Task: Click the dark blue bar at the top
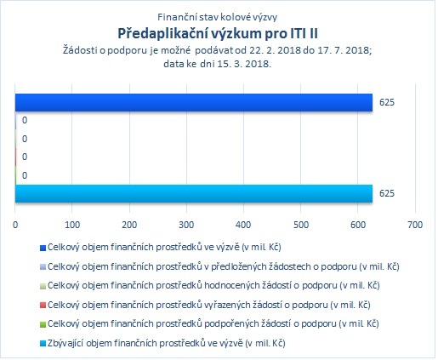pos(194,102)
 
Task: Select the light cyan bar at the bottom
pos(194,194)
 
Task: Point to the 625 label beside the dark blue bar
pos(387,102)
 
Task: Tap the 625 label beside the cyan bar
pos(387,193)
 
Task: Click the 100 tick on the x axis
pos(72,225)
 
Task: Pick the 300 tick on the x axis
pos(186,225)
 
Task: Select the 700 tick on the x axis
pos(415,225)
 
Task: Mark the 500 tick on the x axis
pos(301,225)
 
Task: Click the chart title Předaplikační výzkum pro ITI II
pos(218,34)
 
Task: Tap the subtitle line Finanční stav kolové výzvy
pos(218,17)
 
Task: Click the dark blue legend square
pos(43,249)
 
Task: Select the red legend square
pos(43,306)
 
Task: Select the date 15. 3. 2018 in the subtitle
pos(244,64)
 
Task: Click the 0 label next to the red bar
pos(25,157)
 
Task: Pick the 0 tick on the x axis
pos(15,225)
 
